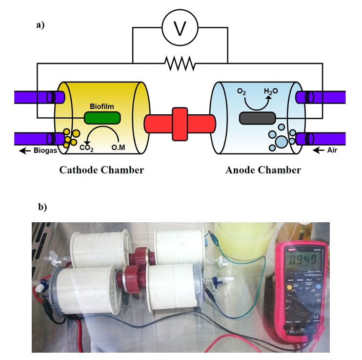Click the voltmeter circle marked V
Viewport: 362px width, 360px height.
point(180,29)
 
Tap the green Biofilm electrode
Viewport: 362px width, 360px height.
point(102,118)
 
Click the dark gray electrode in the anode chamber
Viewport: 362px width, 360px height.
point(257,118)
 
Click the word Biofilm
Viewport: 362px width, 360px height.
point(101,106)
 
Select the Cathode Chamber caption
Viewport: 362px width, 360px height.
point(101,170)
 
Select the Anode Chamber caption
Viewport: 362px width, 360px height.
point(263,170)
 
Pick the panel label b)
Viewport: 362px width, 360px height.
point(42,207)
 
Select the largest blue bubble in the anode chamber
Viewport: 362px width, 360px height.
point(282,142)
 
